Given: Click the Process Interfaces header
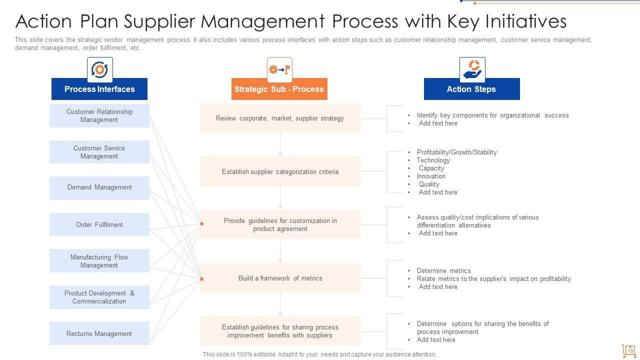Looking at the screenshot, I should (99, 89).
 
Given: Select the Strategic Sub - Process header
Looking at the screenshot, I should (279, 89).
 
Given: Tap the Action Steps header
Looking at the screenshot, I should (471, 89).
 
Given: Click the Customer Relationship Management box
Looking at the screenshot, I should (99, 115).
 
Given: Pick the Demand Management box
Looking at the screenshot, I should (99, 187).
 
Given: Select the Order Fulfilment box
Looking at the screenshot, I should (99, 224).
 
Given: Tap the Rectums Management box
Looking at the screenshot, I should (99, 333).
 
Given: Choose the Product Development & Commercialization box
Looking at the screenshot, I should (99, 297).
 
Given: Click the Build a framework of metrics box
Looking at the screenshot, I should (280, 278).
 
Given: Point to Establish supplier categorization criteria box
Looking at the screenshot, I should (280, 171).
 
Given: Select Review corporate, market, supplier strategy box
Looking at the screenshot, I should (280, 118).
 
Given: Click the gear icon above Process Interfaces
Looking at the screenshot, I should (99, 69).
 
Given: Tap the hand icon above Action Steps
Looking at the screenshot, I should (472, 69).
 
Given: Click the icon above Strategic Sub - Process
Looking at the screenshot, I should (279, 69).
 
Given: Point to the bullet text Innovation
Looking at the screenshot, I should (431, 176).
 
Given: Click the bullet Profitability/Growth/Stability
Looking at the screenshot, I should (456, 152).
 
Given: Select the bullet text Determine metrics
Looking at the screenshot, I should (443, 270).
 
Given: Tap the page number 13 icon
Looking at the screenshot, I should (629, 350).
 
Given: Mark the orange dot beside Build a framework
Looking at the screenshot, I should (202, 278).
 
